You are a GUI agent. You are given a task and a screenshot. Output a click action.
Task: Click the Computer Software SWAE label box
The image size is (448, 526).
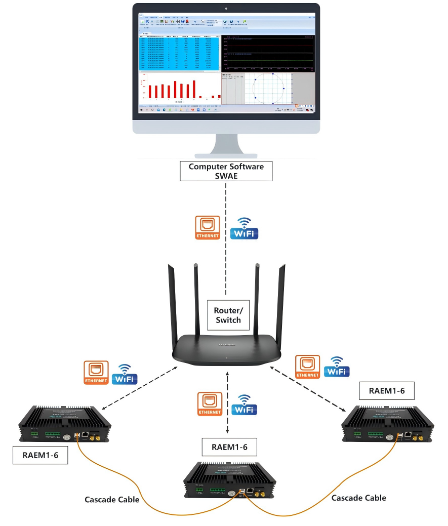(226, 171)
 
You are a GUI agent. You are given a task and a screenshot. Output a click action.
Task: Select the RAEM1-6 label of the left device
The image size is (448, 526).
(40, 455)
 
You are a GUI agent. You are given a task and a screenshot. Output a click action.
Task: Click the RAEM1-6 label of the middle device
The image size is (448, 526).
(231, 447)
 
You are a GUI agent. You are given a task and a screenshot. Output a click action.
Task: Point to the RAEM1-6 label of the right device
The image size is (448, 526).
(388, 391)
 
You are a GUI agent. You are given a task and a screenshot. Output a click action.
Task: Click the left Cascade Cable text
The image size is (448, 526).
(111, 500)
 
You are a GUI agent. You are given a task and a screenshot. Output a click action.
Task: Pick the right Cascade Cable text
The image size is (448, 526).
(358, 498)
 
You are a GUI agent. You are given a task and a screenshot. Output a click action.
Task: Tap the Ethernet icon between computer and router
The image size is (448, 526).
(208, 228)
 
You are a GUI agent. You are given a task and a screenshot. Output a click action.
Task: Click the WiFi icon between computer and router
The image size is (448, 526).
(245, 228)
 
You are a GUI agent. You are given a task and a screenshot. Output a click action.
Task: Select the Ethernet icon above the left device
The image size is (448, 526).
(96, 373)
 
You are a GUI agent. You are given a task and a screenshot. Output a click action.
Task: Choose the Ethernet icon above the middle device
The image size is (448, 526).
(210, 404)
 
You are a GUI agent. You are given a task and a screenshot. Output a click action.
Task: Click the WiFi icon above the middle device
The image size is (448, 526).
(245, 404)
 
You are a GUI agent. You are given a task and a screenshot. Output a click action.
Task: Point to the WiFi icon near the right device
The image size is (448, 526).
(337, 367)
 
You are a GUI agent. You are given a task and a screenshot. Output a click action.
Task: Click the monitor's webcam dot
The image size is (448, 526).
(226, 9)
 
